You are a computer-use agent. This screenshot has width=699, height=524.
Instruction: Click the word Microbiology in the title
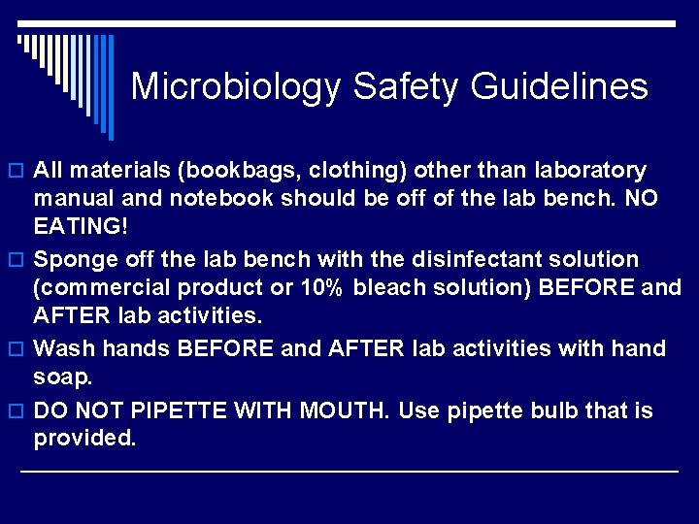[x=236, y=86]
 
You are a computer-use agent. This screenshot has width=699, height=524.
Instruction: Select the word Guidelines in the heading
[x=559, y=86]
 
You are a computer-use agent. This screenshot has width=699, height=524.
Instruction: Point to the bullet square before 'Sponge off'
[x=18, y=261]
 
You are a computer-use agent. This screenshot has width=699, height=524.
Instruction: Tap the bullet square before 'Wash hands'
[x=18, y=349]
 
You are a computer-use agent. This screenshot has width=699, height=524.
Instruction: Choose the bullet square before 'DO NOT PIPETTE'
[x=18, y=412]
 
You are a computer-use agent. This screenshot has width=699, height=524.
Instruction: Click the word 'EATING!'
[x=81, y=226]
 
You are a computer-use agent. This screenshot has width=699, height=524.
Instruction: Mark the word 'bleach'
[x=388, y=287]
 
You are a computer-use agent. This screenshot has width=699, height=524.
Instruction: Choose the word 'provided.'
[x=85, y=438]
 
